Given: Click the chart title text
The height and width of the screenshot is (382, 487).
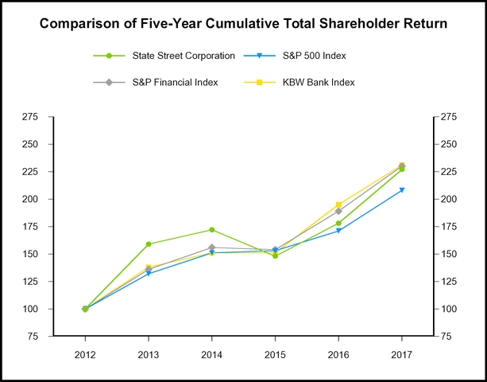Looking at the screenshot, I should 243,24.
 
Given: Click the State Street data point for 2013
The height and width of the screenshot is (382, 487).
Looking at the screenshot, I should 149,244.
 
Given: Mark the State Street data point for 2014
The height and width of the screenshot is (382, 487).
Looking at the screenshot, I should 211,230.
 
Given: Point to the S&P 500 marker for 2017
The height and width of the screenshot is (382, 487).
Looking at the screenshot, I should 402,189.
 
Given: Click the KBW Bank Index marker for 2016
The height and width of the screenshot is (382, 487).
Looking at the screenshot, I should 338,205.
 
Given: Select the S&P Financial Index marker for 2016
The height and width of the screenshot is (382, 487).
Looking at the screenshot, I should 338,211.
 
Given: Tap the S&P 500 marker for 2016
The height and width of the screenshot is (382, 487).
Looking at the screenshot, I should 338,231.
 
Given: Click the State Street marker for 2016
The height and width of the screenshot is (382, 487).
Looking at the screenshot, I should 338,223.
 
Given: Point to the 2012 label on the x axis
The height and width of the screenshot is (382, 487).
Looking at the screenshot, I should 85,353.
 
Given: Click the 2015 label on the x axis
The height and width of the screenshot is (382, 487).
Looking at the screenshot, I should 275,353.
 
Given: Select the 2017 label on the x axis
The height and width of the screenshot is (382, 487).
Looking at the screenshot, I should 402,353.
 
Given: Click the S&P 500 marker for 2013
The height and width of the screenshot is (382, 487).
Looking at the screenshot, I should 149,274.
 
